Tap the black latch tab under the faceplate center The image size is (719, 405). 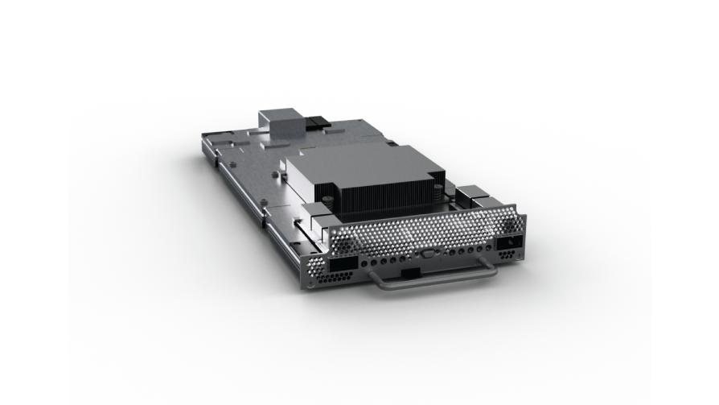coord(409,275)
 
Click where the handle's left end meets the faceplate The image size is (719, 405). coord(373,274)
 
